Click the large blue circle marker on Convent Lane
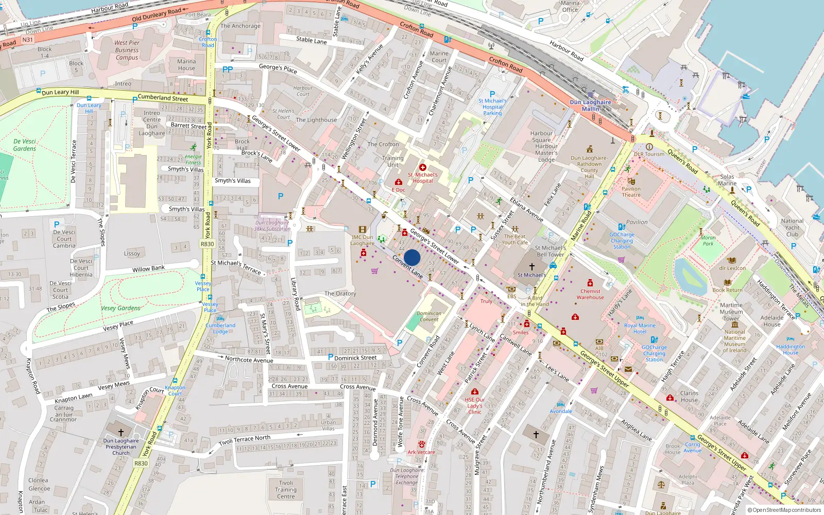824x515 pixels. pyautogui.click(x=412, y=257)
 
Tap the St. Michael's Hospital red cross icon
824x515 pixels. pyautogui.click(x=423, y=167)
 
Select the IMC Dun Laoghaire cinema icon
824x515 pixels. pyautogui.click(x=363, y=230)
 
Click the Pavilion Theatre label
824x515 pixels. pyautogui.click(x=631, y=192)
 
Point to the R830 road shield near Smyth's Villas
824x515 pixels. pyautogui.click(x=207, y=244)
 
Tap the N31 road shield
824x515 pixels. pyautogui.click(x=27, y=39)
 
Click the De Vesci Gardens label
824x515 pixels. pyautogui.click(x=25, y=145)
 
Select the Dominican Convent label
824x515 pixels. pyautogui.click(x=429, y=316)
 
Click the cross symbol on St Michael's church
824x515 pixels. pyautogui.click(x=532, y=266)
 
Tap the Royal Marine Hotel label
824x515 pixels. pyautogui.click(x=640, y=329)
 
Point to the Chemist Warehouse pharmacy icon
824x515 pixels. pyautogui.click(x=590, y=283)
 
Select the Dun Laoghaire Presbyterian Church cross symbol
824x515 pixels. pyautogui.click(x=121, y=432)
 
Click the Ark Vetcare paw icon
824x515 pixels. pyautogui.click(x=422, y=444)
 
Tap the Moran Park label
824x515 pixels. pyautogui.click(x=708, y=241)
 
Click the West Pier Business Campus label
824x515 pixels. pyautogui.click(x=127, y=50)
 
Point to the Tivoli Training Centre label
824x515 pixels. pyautogui.click(x=286, y=490)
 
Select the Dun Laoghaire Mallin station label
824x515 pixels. pyautogui.click(x=591, y=105)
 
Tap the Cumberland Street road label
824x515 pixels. pyautogui.click(x=163, y=97)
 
